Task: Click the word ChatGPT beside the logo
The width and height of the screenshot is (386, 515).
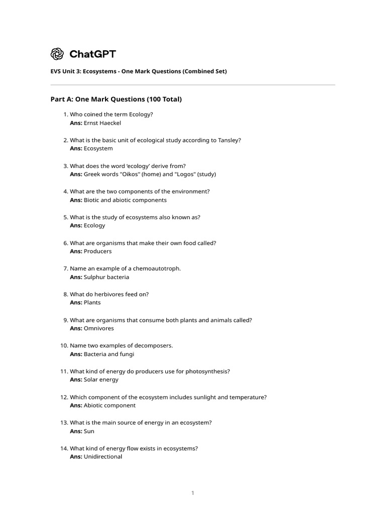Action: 92,54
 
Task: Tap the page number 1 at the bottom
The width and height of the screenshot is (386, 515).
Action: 192,493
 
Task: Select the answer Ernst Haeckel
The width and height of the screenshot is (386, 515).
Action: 103,123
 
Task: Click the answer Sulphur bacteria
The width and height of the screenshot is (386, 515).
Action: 106,277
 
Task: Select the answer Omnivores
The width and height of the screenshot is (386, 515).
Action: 99,328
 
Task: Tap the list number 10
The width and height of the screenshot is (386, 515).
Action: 64,346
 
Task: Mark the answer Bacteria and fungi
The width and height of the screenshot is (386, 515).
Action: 109,354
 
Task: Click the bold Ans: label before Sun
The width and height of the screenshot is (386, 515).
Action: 76,431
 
